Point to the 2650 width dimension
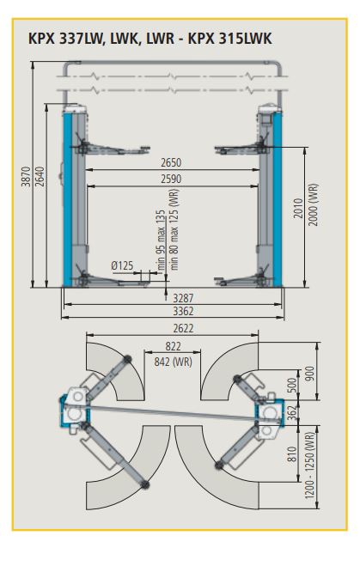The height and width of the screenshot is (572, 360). coord(172,162)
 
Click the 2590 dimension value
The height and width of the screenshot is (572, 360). coord(172,179)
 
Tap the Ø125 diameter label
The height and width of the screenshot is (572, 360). coord(123,266)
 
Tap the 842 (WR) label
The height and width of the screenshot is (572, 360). coord(172,361)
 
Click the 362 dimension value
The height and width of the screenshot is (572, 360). coord(291,411)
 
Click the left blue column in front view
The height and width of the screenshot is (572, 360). coord(66,201)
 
